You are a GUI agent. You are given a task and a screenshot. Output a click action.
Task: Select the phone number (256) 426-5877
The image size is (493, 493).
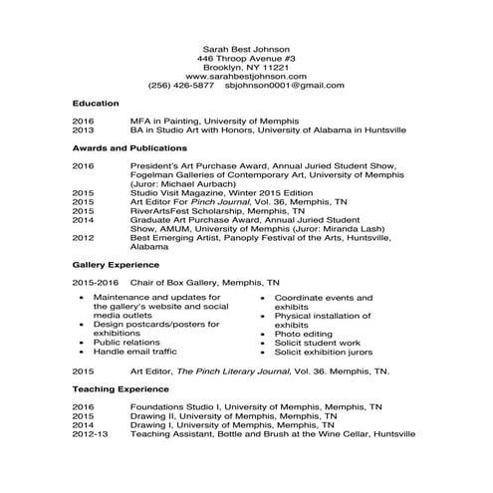180,86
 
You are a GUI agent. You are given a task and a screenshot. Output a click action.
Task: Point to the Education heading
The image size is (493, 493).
96,104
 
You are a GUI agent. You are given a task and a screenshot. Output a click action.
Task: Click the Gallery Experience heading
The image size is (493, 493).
116,266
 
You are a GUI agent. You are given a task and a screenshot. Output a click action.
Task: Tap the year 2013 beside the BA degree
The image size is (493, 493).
83,130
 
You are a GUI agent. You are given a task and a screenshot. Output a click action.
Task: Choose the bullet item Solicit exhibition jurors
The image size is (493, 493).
323,352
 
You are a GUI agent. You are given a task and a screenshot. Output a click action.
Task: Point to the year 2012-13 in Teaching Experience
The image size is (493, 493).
90,434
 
